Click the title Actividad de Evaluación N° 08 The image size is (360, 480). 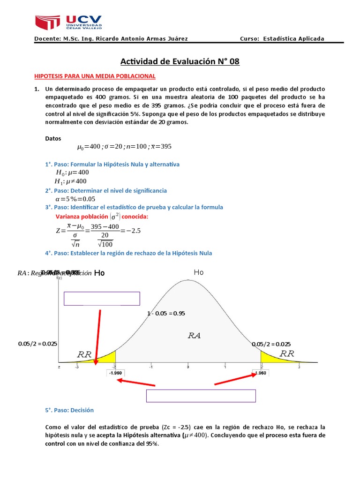pos(180,61)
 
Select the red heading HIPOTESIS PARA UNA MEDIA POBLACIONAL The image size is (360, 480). pos(95,76)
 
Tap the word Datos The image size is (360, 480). pos(52,138)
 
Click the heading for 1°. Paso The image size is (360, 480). pos(112,164)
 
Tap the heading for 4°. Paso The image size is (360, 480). pos(128,253)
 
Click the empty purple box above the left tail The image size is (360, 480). pos(102,299)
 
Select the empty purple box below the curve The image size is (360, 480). pos(201,396)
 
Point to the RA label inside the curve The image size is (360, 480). pos(195,335)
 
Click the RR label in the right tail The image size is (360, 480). pos(286,354)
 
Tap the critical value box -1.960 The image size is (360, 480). pos(115,374)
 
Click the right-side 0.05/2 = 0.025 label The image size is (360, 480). pos(270,344)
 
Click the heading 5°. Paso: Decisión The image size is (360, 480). pos(69,410)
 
